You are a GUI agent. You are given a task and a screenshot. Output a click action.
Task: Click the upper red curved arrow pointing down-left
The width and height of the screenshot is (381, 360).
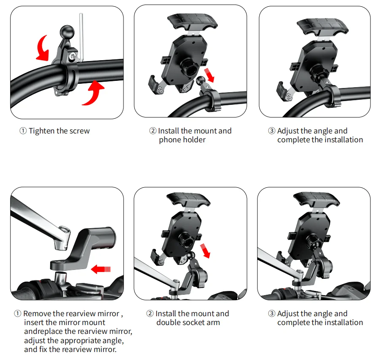43,48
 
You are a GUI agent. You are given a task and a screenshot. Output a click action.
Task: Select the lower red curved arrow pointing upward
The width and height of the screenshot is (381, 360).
93,93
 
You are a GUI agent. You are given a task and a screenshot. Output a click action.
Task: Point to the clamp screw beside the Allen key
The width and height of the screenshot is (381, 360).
72,57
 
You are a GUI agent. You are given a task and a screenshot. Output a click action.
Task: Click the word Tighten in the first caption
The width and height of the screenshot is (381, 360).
42,131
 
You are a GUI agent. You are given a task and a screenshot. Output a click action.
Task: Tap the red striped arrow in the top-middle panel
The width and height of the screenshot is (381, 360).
209,75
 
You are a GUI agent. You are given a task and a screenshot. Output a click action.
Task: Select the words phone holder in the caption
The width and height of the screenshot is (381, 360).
182,140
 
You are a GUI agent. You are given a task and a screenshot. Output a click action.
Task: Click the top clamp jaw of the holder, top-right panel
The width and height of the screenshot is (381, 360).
323,26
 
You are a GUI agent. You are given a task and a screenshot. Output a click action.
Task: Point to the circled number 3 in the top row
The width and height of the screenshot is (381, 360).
272,131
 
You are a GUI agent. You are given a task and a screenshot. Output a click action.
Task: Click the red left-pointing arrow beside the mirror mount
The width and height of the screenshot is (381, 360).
101,269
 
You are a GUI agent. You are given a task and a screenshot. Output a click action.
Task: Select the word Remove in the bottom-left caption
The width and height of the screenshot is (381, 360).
37,314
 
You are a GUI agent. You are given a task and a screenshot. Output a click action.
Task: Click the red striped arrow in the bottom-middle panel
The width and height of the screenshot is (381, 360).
205,251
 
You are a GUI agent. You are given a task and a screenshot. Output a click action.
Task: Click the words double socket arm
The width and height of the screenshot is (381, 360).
188,323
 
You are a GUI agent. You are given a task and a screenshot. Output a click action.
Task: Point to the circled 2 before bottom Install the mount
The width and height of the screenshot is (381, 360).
150,313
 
